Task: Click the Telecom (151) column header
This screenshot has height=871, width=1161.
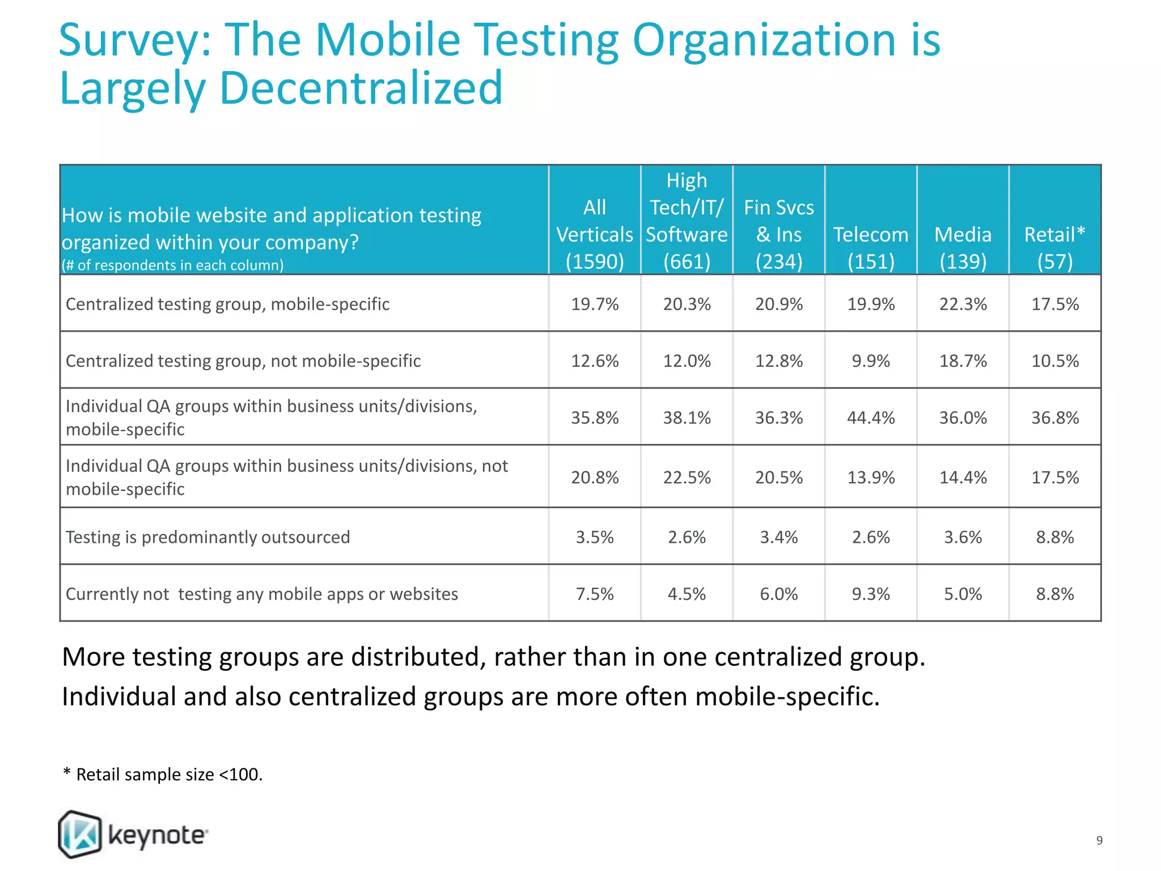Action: [x=871, y=247]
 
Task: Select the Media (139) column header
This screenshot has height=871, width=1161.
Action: [x=963, y=247]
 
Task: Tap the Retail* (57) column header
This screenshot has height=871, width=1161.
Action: [x=1054, y=247]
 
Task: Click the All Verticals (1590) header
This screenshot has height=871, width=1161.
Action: [x=595, y=234]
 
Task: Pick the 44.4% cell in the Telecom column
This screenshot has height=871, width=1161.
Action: [x=871, y=418]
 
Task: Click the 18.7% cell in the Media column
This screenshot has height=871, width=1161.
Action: [x=963, y=361]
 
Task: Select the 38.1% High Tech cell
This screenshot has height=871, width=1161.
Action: [x=687, y=418]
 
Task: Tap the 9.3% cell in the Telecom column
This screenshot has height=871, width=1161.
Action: [x=871, y=594]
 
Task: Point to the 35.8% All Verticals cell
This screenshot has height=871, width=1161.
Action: [x=595, y=418]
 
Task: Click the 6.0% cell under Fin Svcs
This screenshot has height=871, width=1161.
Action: [x=778, y=594]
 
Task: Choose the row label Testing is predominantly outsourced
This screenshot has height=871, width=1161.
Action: [x=207, y=537]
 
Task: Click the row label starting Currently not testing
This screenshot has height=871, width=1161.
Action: [x=261, y=594]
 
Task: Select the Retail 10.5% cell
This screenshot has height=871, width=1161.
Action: [x=1054, y=361]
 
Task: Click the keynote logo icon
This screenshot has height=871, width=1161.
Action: [x=80, y=834]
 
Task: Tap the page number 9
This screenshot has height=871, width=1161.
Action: [x=1099, y=840]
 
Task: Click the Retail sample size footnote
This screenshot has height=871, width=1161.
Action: [x=163, y=774]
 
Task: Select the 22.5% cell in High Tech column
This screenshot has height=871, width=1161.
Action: [x=687, y=477]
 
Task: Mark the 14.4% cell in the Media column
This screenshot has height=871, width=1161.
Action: [x=963, y=477]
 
